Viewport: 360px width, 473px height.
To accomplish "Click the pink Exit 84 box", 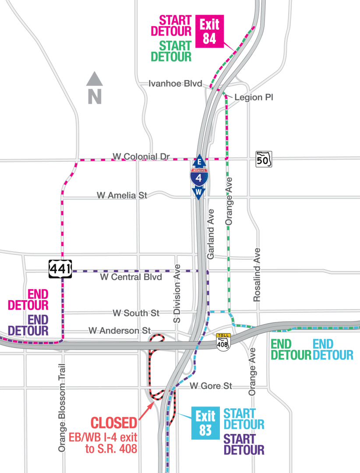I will pos(210,32).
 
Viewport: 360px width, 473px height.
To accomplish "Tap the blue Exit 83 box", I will pos(205,423).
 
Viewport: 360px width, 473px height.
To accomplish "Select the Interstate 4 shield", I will pos(199,177).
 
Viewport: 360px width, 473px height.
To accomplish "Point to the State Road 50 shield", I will pos(264,159).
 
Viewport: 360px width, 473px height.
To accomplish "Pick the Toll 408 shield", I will pos(223,341).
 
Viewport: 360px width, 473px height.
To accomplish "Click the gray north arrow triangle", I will pos(94,79).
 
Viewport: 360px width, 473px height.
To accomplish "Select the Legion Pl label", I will pos(254,97).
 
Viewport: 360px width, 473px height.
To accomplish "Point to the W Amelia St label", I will pos(122,195).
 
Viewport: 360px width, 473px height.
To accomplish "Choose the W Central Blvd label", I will pos(131,277).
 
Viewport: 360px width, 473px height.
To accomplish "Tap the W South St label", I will pos(136,313).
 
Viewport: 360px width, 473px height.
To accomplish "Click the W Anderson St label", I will pos(119,330).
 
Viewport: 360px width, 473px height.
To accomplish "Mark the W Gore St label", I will pos(211,386).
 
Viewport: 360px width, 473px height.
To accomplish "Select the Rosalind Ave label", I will pos(257,275).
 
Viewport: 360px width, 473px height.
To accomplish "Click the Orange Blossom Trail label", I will pos(62,408).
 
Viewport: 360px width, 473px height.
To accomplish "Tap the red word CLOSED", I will pos(113,423).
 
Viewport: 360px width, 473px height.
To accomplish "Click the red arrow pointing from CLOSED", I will pos(147,412).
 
